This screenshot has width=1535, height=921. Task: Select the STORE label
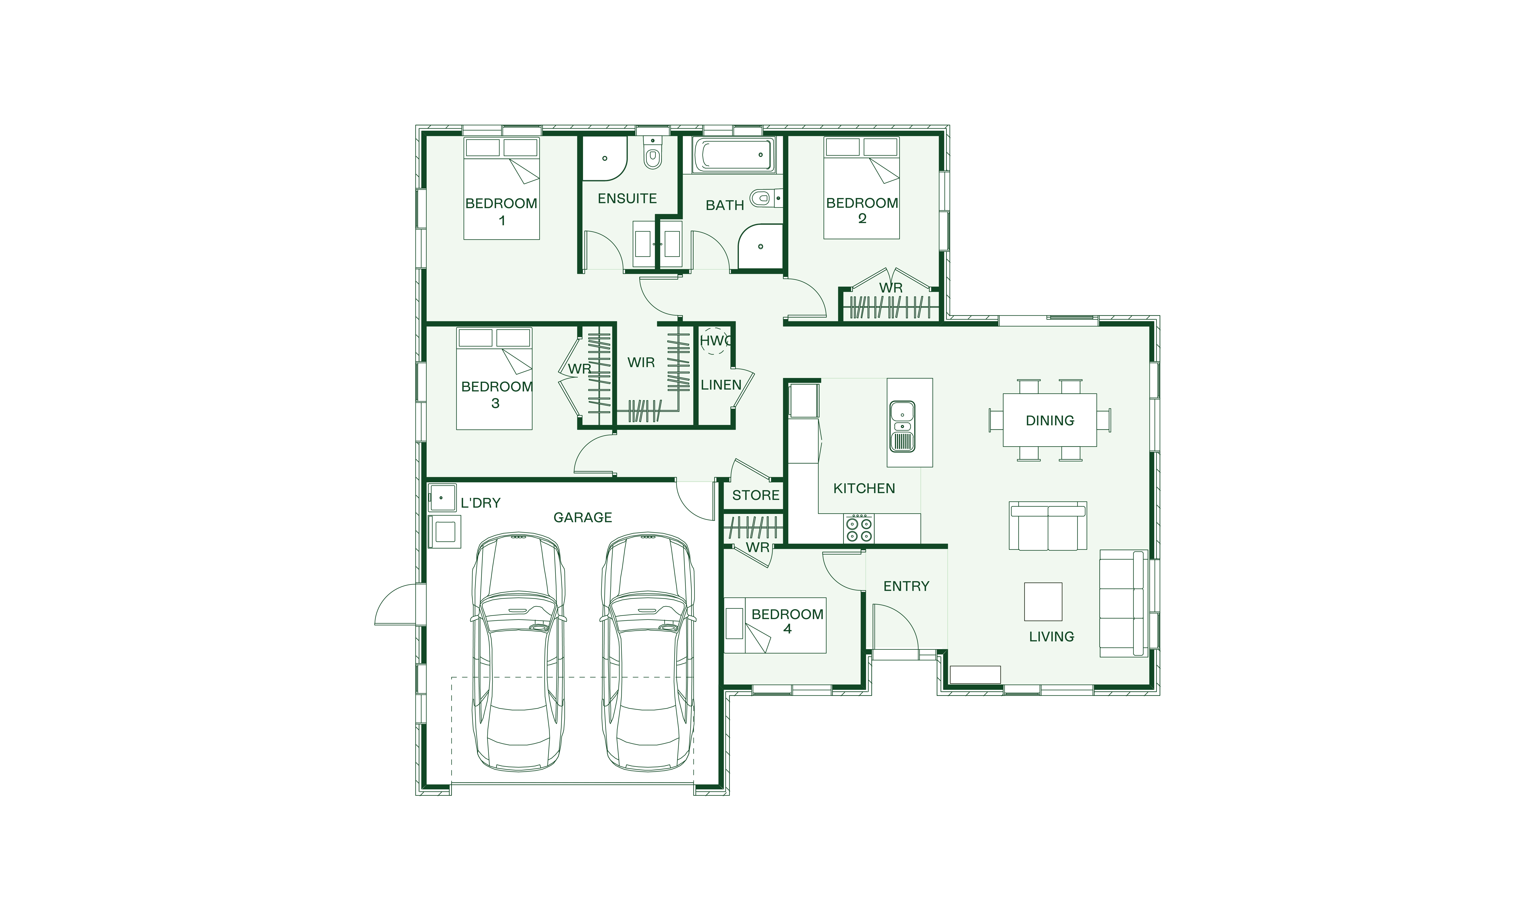pos(756,495)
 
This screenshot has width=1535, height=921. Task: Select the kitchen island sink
pos(902,426)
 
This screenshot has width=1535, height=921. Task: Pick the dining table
pos(1050,420)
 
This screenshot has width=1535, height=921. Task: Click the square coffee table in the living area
pos(1043,601)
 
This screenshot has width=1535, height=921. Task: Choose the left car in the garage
pos(519,652)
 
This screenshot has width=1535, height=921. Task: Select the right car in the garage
pos(648,652)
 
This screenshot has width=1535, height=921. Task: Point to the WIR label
pos(641,363)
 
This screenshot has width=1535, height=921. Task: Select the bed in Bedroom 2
pos(861,188)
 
